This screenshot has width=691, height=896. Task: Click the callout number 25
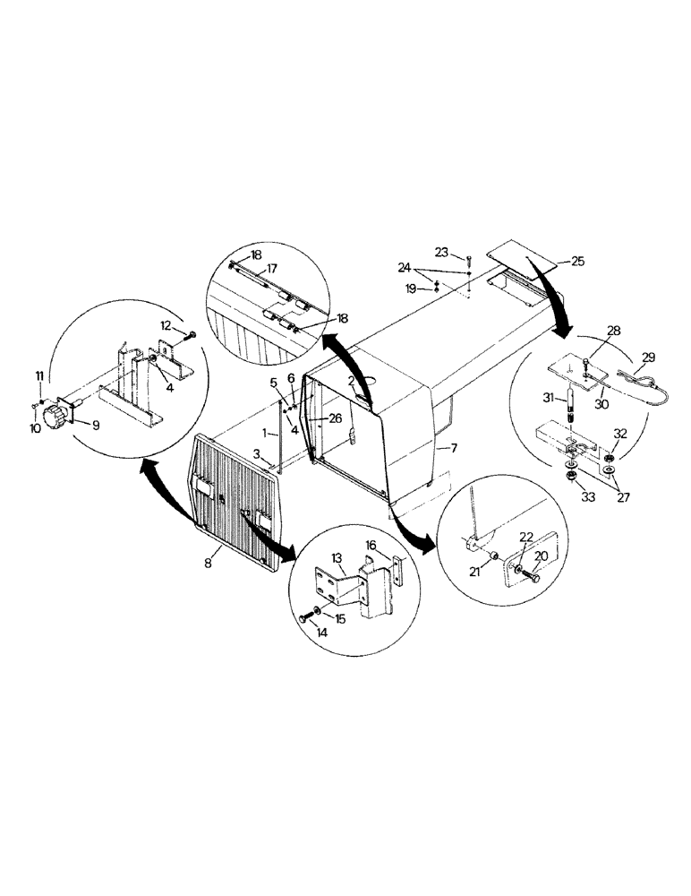pos(576,262)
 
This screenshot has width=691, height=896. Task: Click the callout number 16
pos(372,544)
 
